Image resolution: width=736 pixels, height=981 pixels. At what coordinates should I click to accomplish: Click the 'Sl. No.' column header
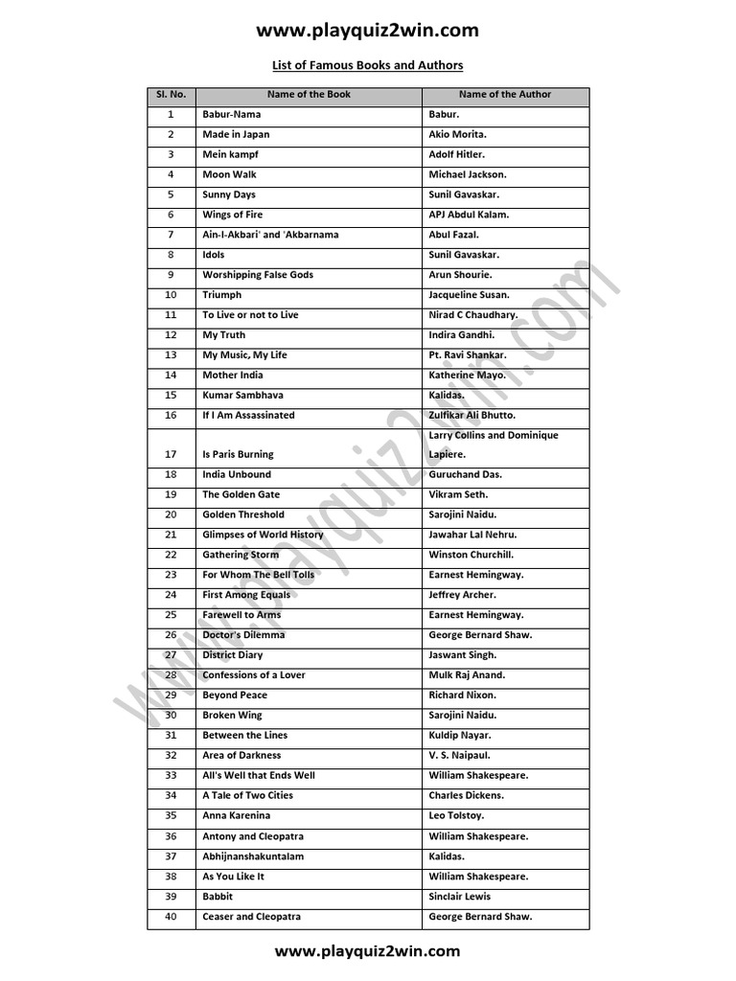coord(171,95)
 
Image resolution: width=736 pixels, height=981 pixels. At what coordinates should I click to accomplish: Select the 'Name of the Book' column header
coord(310,95)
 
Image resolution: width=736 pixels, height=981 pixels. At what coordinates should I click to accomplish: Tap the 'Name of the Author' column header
coord(505,95)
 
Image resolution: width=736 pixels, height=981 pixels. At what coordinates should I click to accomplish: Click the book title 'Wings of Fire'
coord(232,215)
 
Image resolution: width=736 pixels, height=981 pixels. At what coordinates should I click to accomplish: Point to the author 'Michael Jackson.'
coord(468,174)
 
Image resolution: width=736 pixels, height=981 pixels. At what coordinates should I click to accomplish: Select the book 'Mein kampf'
coord(230,154)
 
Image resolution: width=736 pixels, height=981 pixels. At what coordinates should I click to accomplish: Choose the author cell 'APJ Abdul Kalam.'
coord(470,215)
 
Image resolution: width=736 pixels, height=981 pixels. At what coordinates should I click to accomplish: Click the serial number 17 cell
coord(171,454)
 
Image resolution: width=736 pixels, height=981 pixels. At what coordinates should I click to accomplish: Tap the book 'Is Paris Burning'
coord(238,454)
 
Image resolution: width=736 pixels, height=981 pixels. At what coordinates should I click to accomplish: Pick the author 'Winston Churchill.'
coord(471,555)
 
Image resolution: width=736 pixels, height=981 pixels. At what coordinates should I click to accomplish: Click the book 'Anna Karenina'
coord(236,815)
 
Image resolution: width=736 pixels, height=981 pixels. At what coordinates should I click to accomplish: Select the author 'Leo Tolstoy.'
coord(457,815)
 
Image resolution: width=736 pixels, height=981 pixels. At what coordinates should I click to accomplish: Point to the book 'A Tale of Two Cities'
coord(247,795)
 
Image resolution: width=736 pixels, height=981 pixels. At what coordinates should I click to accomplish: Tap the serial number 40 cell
coord(171,917)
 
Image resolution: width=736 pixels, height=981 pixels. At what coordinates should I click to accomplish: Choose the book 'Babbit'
coord(218,897)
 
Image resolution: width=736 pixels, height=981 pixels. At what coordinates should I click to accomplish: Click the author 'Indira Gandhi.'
coord(462,335)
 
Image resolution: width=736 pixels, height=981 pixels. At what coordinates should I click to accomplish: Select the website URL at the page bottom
coord(367,951)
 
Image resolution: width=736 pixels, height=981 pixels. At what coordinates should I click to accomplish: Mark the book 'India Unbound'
coord(237,474)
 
